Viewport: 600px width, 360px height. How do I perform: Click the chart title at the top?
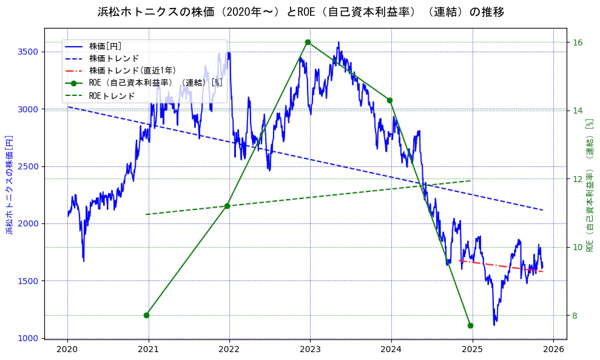300,12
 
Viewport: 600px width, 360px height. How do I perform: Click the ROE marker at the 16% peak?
308,42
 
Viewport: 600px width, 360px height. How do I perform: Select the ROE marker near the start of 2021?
146,315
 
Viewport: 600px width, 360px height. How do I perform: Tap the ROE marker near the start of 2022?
227,206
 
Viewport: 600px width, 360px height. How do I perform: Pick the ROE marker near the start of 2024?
389,100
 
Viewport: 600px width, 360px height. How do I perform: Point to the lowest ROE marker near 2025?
470,325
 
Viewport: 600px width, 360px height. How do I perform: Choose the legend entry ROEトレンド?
112,96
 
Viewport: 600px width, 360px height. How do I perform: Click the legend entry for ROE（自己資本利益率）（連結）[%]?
155,83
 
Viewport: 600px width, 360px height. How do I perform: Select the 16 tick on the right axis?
578,42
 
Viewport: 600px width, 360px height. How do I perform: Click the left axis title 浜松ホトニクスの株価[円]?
9,185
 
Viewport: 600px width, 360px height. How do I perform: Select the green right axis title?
589,185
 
